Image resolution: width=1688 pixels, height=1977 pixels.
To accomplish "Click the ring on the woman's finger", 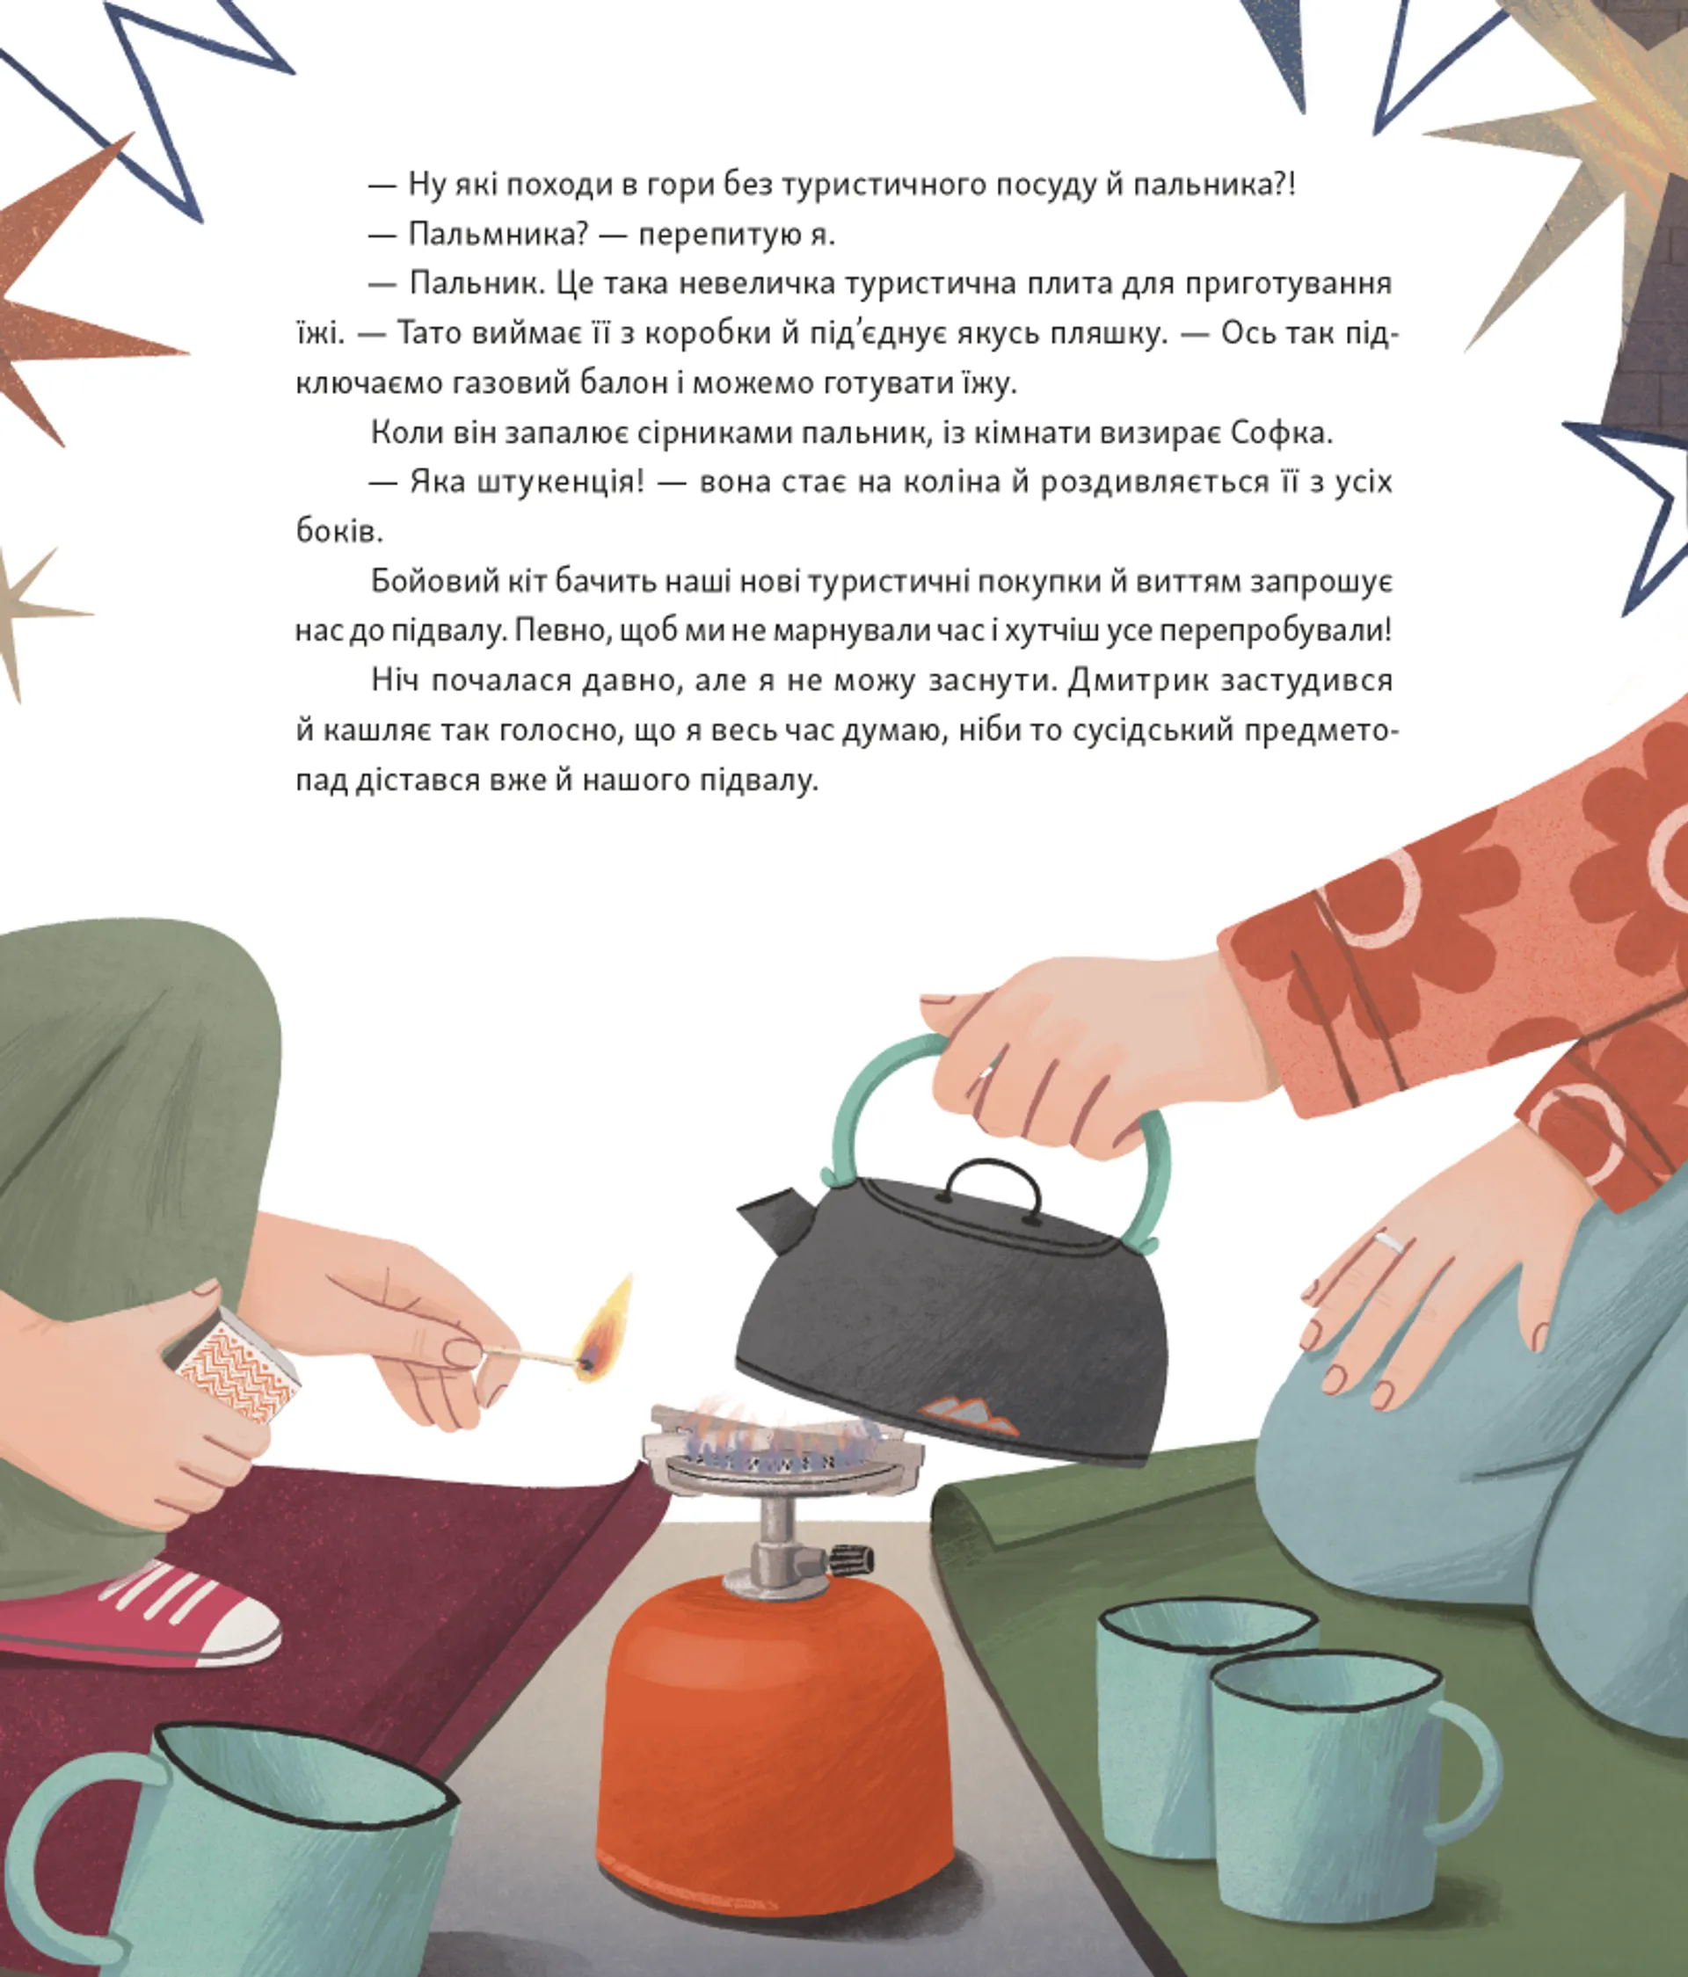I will click(x=1388, y=1241).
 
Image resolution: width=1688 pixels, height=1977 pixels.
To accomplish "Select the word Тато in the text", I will click(x=435, y=333).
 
